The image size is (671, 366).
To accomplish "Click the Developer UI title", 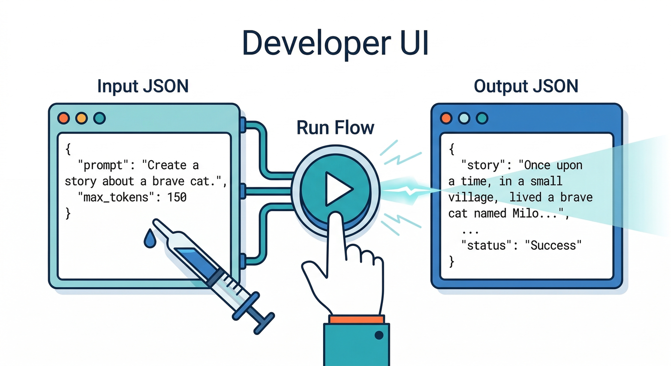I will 335,43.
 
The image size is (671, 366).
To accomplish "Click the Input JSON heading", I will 143,86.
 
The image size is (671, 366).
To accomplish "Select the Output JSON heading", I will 526,86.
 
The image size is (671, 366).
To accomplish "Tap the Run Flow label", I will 335,128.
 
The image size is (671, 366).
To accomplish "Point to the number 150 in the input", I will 177,196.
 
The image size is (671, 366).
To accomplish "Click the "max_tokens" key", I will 117,196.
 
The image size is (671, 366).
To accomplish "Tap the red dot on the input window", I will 63,118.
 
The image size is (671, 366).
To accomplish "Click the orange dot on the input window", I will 81,118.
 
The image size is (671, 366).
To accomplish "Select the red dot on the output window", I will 446,118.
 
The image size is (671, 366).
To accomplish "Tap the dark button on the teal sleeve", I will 379,335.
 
